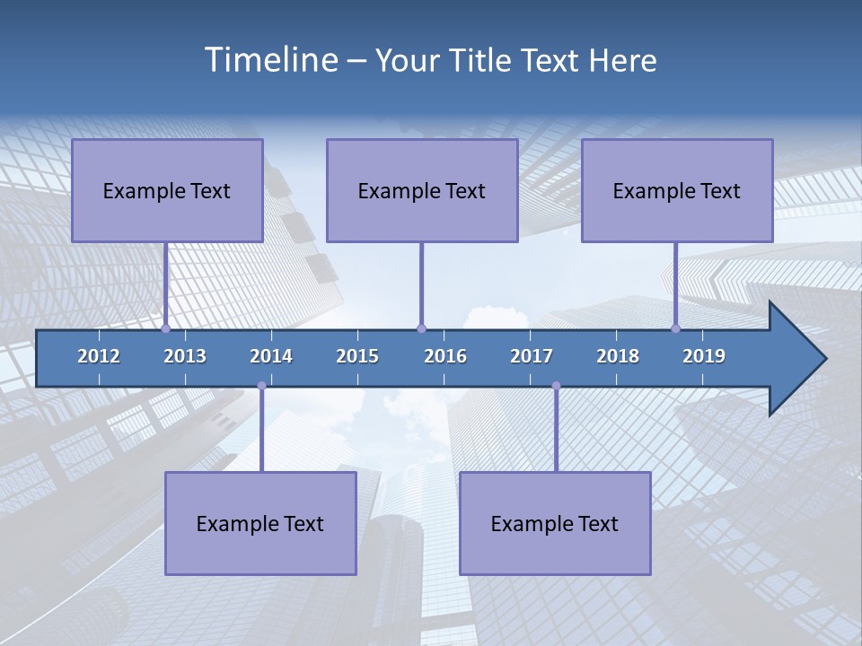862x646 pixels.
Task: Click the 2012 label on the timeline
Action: (x=99, y=356)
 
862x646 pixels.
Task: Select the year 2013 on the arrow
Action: (x=185, y=356)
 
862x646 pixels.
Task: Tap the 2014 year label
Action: (x=271, y=356)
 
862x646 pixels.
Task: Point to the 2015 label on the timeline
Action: (x=357, y=356)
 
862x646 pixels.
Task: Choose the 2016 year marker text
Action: (x=445, y=356)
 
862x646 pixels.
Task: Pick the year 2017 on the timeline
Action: (x=532, y=356)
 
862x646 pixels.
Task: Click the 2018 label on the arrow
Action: (x=618, y=356)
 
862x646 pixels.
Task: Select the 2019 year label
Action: (x=704, y=356)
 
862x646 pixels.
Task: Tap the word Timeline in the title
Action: (x=270, y=60)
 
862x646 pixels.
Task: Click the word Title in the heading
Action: (x=484, y=61)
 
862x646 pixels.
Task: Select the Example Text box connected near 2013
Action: (x=167, y=190)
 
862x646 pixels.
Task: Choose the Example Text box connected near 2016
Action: (x=422, y=190)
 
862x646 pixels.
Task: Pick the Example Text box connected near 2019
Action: (x=677, y=190)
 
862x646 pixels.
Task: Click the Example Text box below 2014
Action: (x=260, y=523)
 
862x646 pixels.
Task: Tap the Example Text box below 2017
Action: (x=555, y=523)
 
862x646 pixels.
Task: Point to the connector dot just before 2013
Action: (x=166, y=328)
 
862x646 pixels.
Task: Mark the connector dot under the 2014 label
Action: (x=261, y=386)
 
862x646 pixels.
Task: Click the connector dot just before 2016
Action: (x=422, y=328)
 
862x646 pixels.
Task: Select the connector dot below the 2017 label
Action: (x=556, y=386)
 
